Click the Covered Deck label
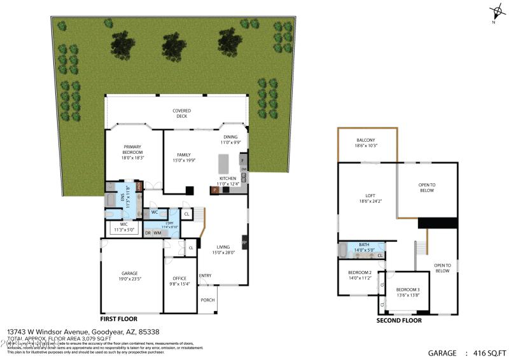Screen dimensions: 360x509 181,113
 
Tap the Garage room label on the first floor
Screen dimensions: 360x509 130,275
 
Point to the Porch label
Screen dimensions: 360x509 207,300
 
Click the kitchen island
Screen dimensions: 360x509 223,163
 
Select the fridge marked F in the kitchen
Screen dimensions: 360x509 243,160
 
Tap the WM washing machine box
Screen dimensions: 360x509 157,233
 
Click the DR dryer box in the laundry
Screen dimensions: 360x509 148,233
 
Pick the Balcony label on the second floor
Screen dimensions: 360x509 366,142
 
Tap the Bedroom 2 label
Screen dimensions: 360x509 359,275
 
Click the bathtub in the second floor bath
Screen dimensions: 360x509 344,250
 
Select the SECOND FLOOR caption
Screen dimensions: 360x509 399,321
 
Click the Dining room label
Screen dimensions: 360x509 230,139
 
